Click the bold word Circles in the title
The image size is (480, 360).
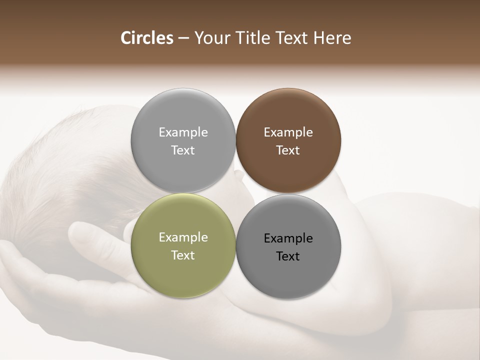point(147,38)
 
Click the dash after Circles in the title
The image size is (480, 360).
point(183,38)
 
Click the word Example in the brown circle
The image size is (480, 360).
point(288,132)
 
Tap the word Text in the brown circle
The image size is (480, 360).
point(288,150)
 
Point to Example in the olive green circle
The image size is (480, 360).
point(183,237)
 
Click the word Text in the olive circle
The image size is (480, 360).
point(183,255)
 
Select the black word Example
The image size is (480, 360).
point(288,238)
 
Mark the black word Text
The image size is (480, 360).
point(288,256)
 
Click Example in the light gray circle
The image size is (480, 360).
point(183,132)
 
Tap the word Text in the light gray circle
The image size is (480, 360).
point(183,150)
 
